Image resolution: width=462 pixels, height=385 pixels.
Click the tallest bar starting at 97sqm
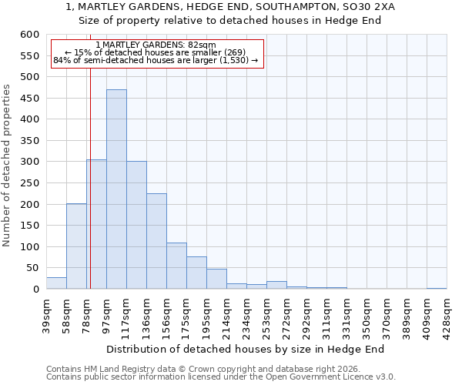click(x=116, y=189)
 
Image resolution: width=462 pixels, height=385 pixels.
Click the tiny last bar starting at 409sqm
click(x=437, y=288)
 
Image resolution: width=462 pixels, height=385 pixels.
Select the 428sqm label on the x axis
click(x=447, y=315)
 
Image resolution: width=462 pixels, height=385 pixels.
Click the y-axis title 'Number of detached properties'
click(x=7, y=166)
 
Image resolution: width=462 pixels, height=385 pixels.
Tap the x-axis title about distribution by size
click(x=245, y=349)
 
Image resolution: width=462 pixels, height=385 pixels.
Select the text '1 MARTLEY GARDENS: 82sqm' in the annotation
click(x=156, y=45)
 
